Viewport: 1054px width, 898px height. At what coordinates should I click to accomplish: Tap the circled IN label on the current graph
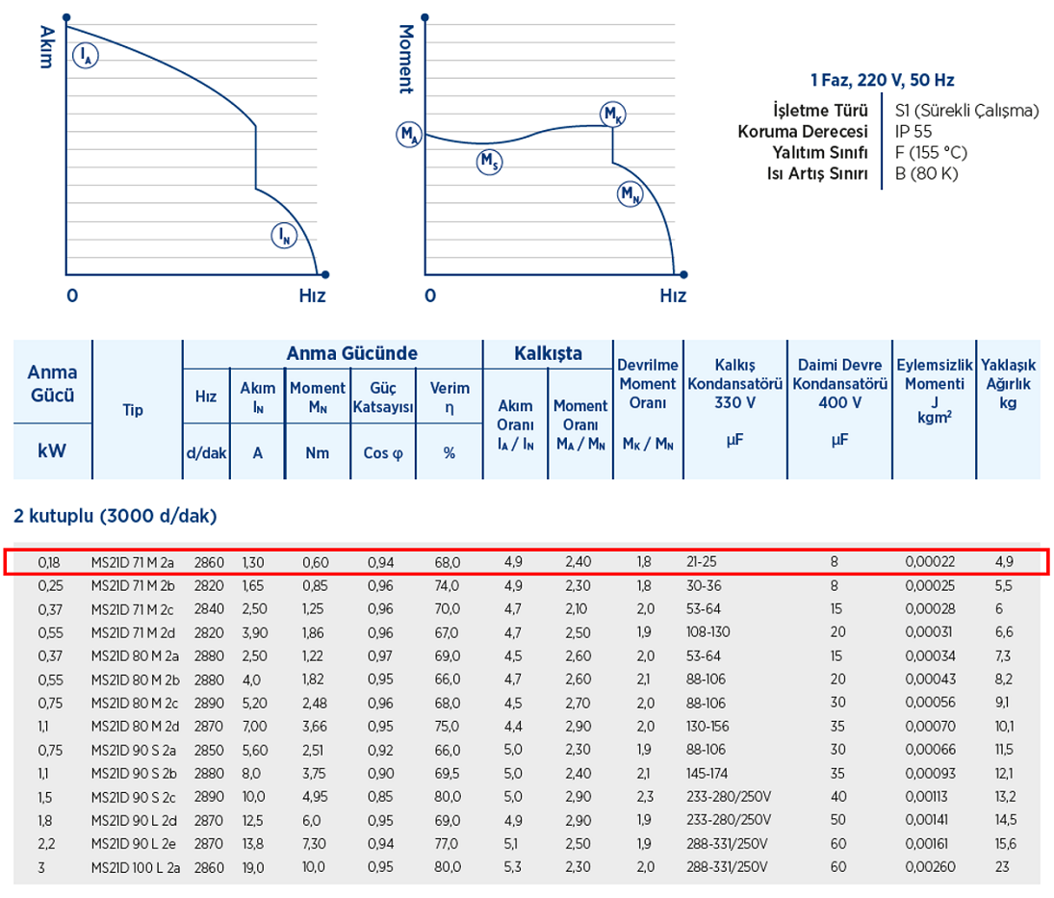click(x=282, y=234)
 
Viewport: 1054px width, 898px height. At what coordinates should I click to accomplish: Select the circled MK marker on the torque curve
click(x=612, y=115)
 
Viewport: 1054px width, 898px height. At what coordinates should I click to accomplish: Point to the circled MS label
click(x=489, y=163)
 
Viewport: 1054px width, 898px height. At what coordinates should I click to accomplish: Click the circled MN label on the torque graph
click(x=630, y=194)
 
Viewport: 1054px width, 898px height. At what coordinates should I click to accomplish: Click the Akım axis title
click(x=43, y=46)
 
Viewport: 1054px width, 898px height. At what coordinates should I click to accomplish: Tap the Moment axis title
click(x=404, y=59)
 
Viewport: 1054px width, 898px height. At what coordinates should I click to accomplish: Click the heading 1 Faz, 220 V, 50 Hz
click(x=882, y=81)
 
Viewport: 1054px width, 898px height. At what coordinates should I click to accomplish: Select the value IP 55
click(x=913, y=131)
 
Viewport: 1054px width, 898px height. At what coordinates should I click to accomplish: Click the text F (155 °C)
click(x=931, y=152)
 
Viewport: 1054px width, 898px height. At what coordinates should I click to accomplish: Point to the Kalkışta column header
click(x=547, y=353)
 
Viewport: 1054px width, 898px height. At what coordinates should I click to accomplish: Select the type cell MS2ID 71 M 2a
click(x=132, y=560)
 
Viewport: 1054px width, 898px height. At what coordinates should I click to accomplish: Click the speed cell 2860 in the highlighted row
click(x=209, y=560)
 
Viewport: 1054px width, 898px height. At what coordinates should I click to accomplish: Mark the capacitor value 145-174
click(x=707, y=773)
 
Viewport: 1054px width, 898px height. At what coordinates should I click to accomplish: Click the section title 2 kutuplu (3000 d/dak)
click(x=116, y=516)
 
